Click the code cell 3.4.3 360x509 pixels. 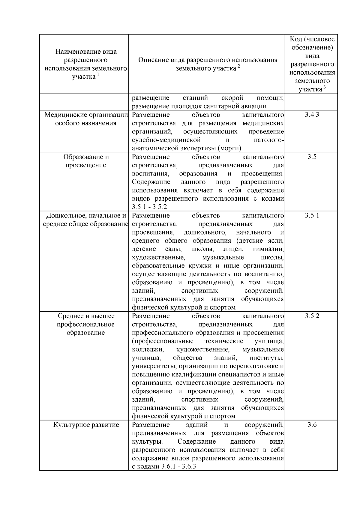point(312,115)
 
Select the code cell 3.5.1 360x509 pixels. point(312,216)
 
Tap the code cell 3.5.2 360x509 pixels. point(312,316)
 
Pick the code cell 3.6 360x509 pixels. point(312,425)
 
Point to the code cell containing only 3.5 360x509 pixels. point(312,157)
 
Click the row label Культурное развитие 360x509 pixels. point(86,425)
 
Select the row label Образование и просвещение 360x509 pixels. point(86,161)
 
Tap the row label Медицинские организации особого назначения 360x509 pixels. point(86,119)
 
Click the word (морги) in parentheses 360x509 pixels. point(229,148)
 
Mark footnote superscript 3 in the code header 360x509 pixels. point(324,87)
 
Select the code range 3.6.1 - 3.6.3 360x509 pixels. point(178,467)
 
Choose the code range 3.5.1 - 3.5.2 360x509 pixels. point(149,207)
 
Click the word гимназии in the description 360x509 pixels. point(268,249)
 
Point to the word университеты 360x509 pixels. point(150,366)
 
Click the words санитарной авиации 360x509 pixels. point(236,106)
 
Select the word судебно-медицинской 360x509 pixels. point(166,140)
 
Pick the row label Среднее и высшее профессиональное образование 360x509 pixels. point(86,325)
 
